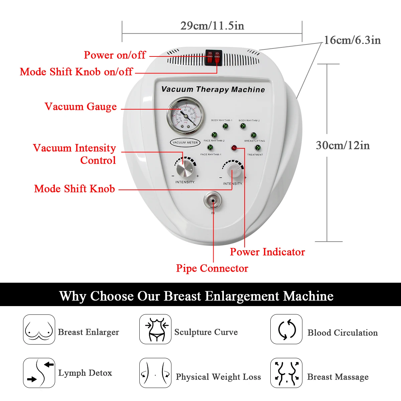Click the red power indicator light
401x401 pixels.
(234, 148)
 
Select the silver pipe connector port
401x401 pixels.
(213, 201)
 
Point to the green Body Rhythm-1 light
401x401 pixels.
(225, 126)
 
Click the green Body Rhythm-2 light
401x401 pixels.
(243, 126)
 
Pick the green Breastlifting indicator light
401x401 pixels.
(254, 135)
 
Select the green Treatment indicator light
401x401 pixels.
(257, 148)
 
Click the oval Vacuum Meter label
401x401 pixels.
(185, 142)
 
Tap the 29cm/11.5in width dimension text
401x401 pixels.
(212, 26)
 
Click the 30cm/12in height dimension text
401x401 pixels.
(343, 145)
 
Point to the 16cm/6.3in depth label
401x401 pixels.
(352, 40)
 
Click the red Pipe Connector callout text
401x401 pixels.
(212, 268)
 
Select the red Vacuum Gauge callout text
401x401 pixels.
(81, 107)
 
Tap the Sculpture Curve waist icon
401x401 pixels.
(155, 329)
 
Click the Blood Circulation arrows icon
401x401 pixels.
(286, 329)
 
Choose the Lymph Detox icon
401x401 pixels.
(39, 373)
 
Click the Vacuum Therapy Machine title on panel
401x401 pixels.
(213, 90)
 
